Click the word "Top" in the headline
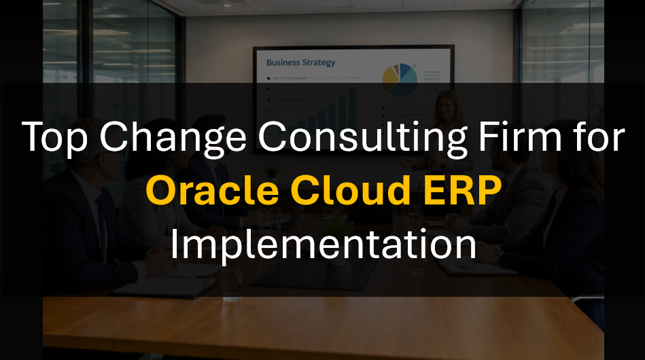tap(54, 139)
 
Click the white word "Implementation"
tap(323, 245)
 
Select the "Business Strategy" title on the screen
tap(300, 63)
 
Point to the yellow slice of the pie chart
tap(390, 77)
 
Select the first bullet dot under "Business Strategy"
tap(269, 78)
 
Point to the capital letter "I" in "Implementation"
tap(173, 245)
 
